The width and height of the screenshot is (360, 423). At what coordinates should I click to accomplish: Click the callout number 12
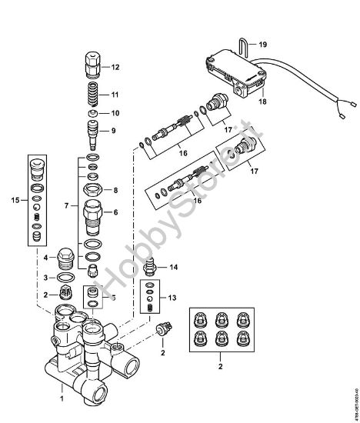pyautogui.click(x=116, y=67)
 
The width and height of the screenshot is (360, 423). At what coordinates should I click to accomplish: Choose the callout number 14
pyautogui.click(x=174, y=267)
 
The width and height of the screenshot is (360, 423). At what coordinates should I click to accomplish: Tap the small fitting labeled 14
pyautogui.click(x=152, y=267)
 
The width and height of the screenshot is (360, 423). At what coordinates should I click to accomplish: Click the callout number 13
pyautogui.click(x=173, y=298)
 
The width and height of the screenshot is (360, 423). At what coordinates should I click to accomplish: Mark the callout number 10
pyautogui.click(x=116, y=113)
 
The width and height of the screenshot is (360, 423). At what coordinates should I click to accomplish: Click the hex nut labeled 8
pyautogui.click(x=92, y=189)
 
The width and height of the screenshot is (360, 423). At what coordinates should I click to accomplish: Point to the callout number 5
pyautogui.click(x=114, y=298)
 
